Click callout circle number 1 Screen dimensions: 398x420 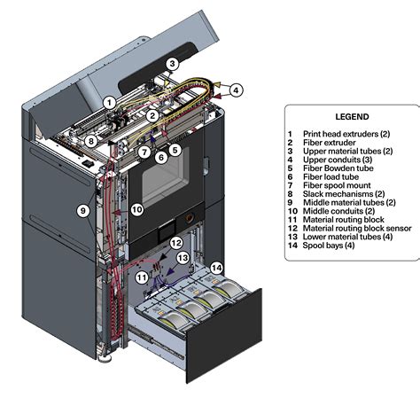tap(108, 102)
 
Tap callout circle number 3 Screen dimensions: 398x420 tap(173, 63)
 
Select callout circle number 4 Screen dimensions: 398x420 tap(237, 90)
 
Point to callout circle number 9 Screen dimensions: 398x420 tap(82, 211)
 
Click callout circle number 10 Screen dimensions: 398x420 tap(136, 209)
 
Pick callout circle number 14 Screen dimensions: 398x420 tap(217, 267)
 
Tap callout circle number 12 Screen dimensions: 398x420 tap(176, 243)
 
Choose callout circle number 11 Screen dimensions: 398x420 tap(143, 277)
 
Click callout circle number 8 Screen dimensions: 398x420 tap(90, 140)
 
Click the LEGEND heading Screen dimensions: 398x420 tap(352, 116)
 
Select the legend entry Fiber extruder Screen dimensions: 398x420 tap(329, 141)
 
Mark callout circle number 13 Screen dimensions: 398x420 tap(183, 257)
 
